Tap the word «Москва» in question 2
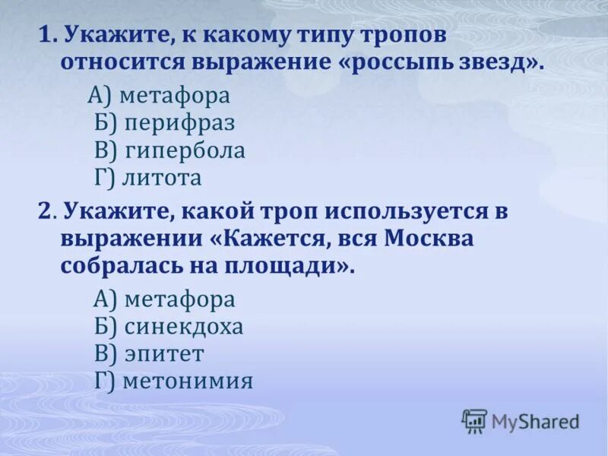[429, 239]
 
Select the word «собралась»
[112, 266]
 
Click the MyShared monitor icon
[474, 420]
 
